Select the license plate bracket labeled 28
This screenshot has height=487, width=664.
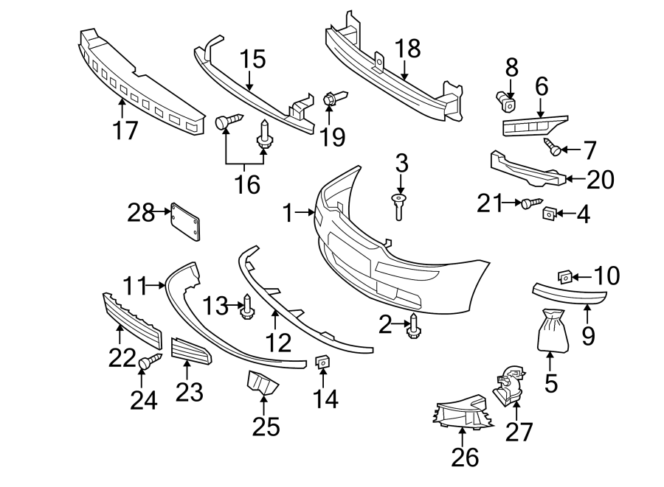click(185, 221)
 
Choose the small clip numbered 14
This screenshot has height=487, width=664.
click(322, 362)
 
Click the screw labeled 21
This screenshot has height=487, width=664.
click(530, 202)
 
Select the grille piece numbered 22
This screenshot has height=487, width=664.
click(131, 319)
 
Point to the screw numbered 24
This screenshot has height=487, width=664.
click(150, 362)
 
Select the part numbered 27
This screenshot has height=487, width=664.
click(508, 385)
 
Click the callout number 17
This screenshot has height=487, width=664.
click(125, 130)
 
